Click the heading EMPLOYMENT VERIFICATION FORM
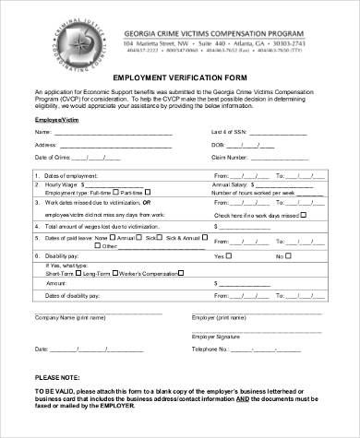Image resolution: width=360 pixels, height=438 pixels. click(179, 77)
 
